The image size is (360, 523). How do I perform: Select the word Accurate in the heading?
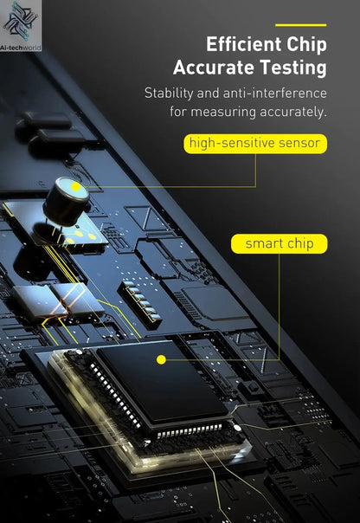coord(214,68)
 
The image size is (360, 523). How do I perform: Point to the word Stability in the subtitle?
coord(169,93)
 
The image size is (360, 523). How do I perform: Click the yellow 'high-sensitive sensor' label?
coord(255,144)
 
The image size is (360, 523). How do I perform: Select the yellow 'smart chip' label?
coord(280,244)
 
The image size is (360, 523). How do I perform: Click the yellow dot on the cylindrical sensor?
coord(76,186)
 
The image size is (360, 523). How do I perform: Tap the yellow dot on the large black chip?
coord(161,359)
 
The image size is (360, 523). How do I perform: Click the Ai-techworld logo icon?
coord(20,22)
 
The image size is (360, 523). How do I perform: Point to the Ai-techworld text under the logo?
coord(20,48)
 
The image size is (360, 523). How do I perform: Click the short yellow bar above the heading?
coord(300,25)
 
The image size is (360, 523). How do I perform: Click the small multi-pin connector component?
coord(139,303)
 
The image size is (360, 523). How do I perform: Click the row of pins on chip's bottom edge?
coord(190,430)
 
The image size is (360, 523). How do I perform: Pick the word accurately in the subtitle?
coord(293,112)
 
